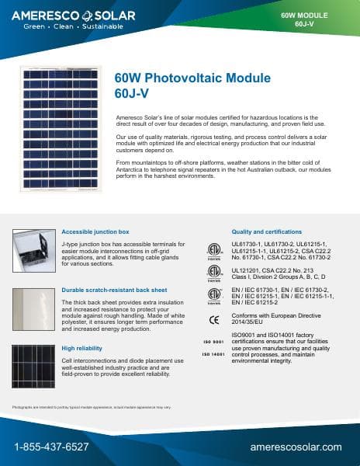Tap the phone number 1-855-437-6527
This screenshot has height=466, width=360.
click(51, 447)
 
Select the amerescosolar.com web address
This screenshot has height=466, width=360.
click(296, 447)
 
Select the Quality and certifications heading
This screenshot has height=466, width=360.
click(266, 231)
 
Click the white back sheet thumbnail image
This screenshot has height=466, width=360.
click(33, 311)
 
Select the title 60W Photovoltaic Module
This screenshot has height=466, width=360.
click(192, 78)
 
